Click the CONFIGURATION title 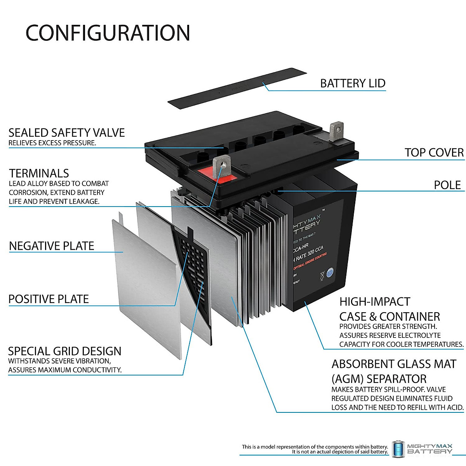click(108, 33)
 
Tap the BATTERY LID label click(352, 83)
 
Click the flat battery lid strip click(237, 87)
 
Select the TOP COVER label click(434, 153)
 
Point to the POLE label click(447, 185)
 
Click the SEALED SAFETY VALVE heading click(67, 133)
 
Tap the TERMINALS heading click(39, 173)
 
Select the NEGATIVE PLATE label click(52, 246)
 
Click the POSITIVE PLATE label click(49, 299)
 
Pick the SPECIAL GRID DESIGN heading click(64, 351)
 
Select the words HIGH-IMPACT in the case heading click(374, 302)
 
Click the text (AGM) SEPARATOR click(379, 379)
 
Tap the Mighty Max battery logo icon click(398, 449)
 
